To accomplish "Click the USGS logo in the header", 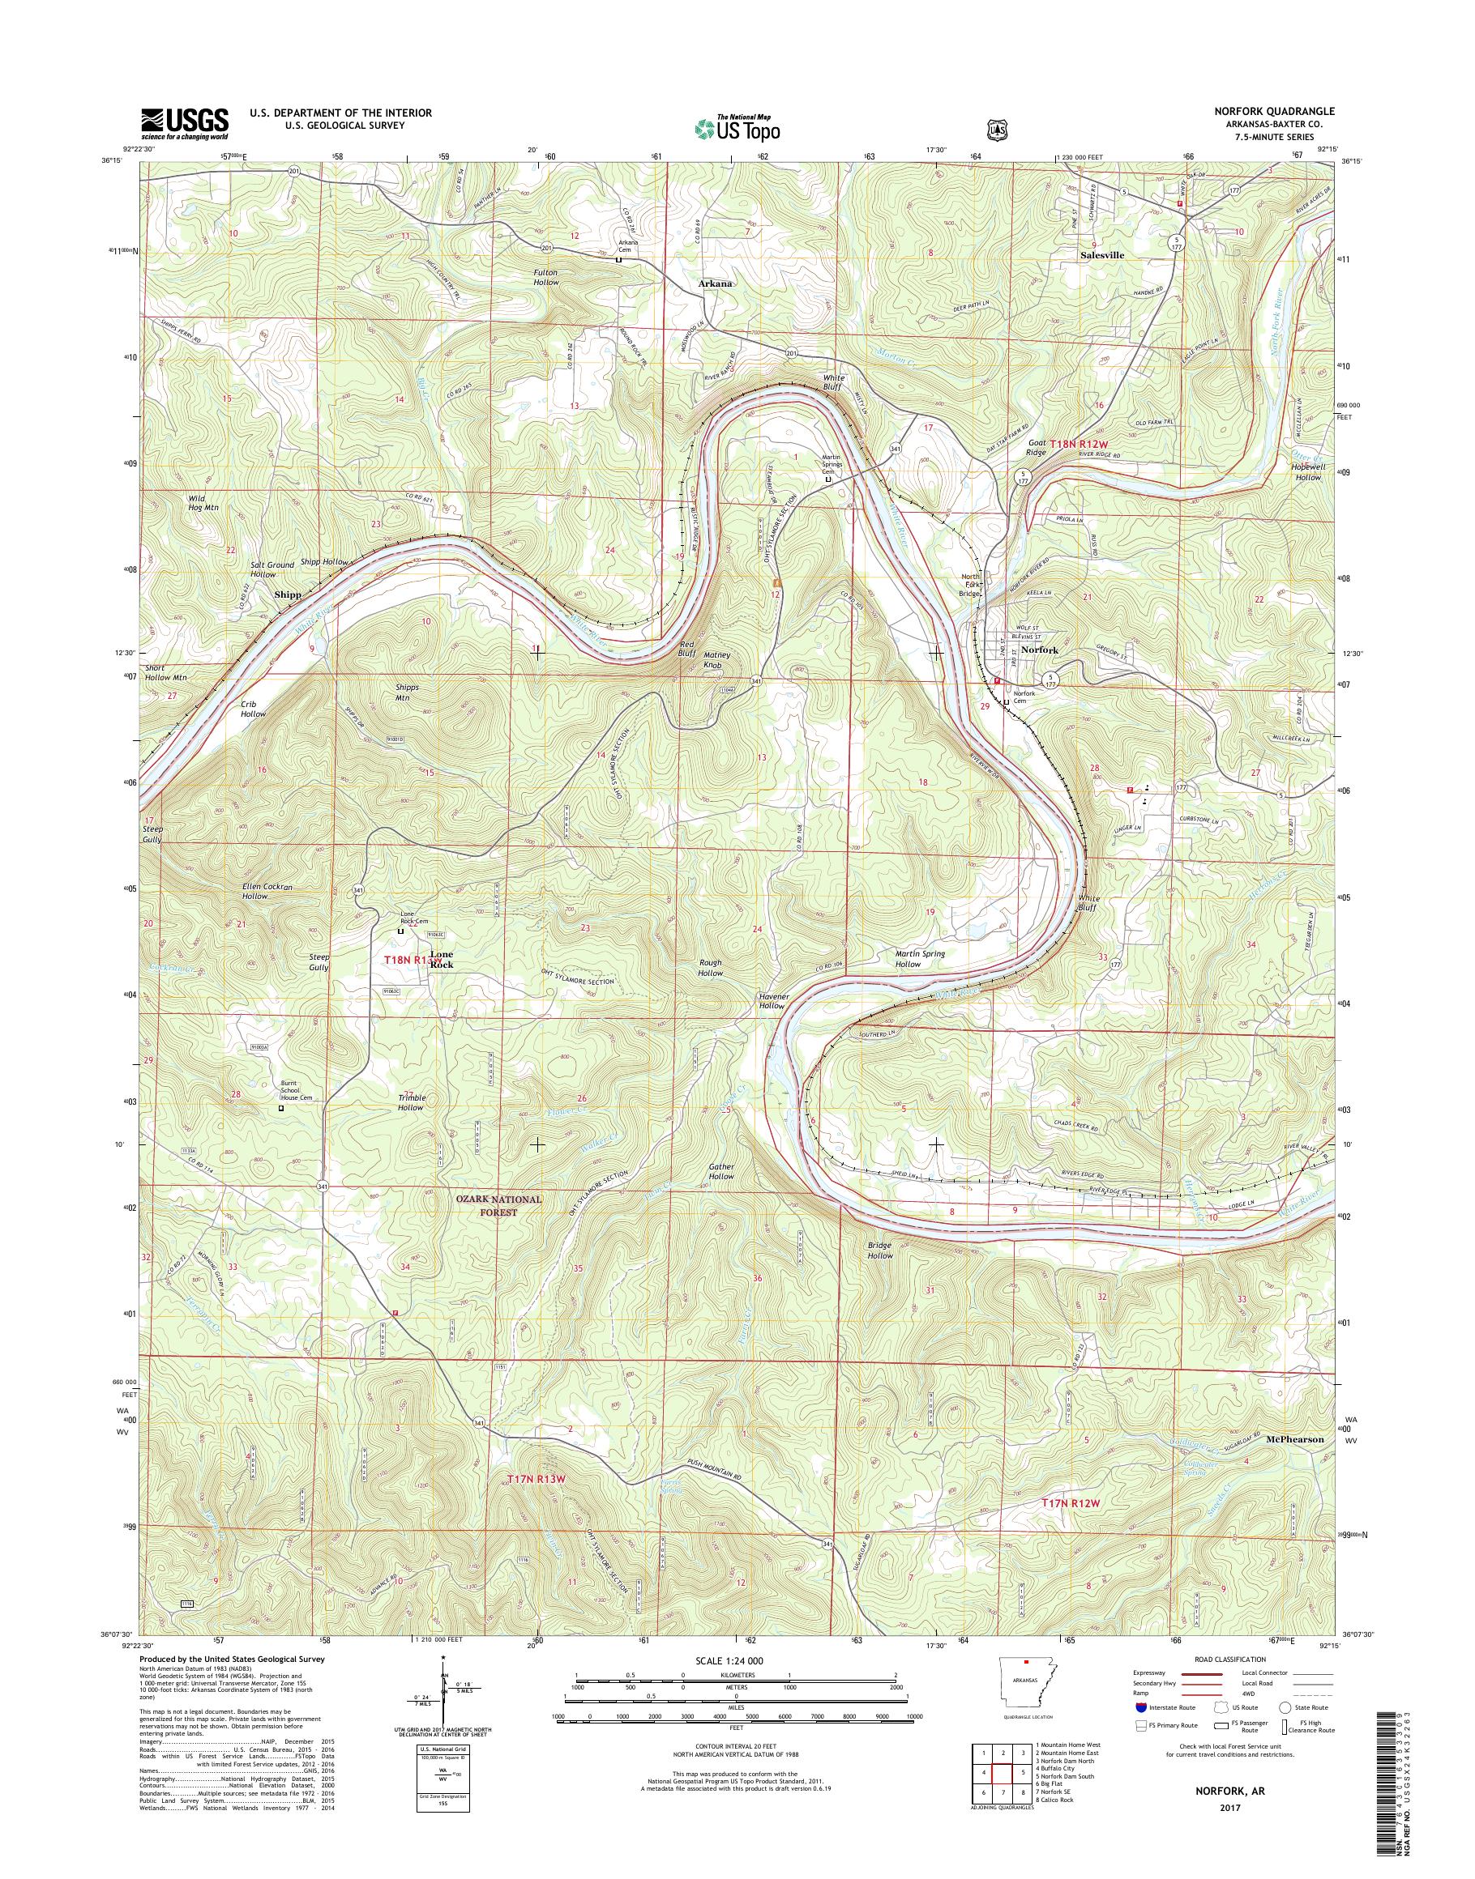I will click(185, 124).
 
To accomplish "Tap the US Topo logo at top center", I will click(737, 128).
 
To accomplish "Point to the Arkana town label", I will click(716, 282).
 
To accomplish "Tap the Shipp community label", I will click(288, 594).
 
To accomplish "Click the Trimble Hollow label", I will click(410, 1102).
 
